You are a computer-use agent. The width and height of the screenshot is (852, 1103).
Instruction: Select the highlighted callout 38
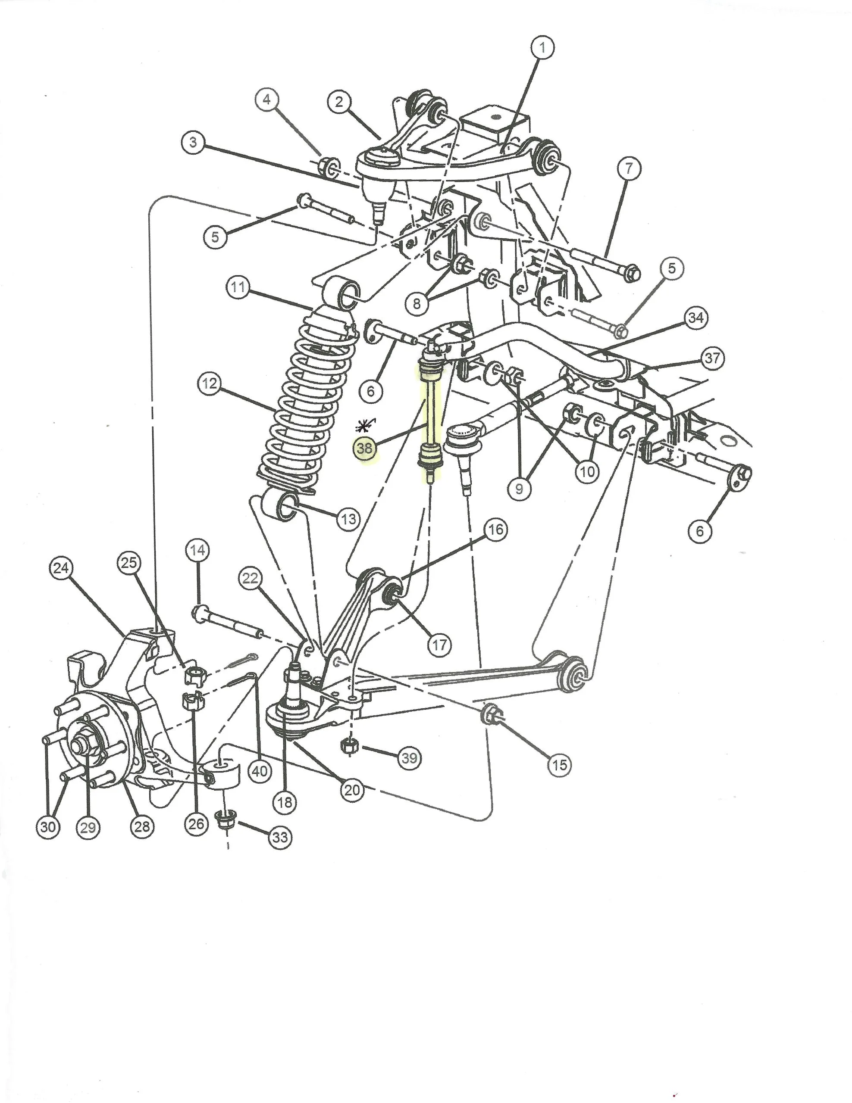pyautogui.click(x=365, y=448)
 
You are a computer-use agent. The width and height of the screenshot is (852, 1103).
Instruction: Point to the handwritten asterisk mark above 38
pyautogui.click(x=362, y=425)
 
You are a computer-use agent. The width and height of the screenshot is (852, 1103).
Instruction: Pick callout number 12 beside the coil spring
pyautogui.click(x=209, y=384)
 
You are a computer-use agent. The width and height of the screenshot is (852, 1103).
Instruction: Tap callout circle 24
pyautogui.click(x=61, y=568)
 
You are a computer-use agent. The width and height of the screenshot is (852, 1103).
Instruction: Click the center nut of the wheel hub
pyautogui.click(x=81, y=746)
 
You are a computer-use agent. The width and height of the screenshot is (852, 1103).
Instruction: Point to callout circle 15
pyautogui.click(x=559, y=765)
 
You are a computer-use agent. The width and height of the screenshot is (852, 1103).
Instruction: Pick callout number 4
pyautogui.click(x=267, y=100)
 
